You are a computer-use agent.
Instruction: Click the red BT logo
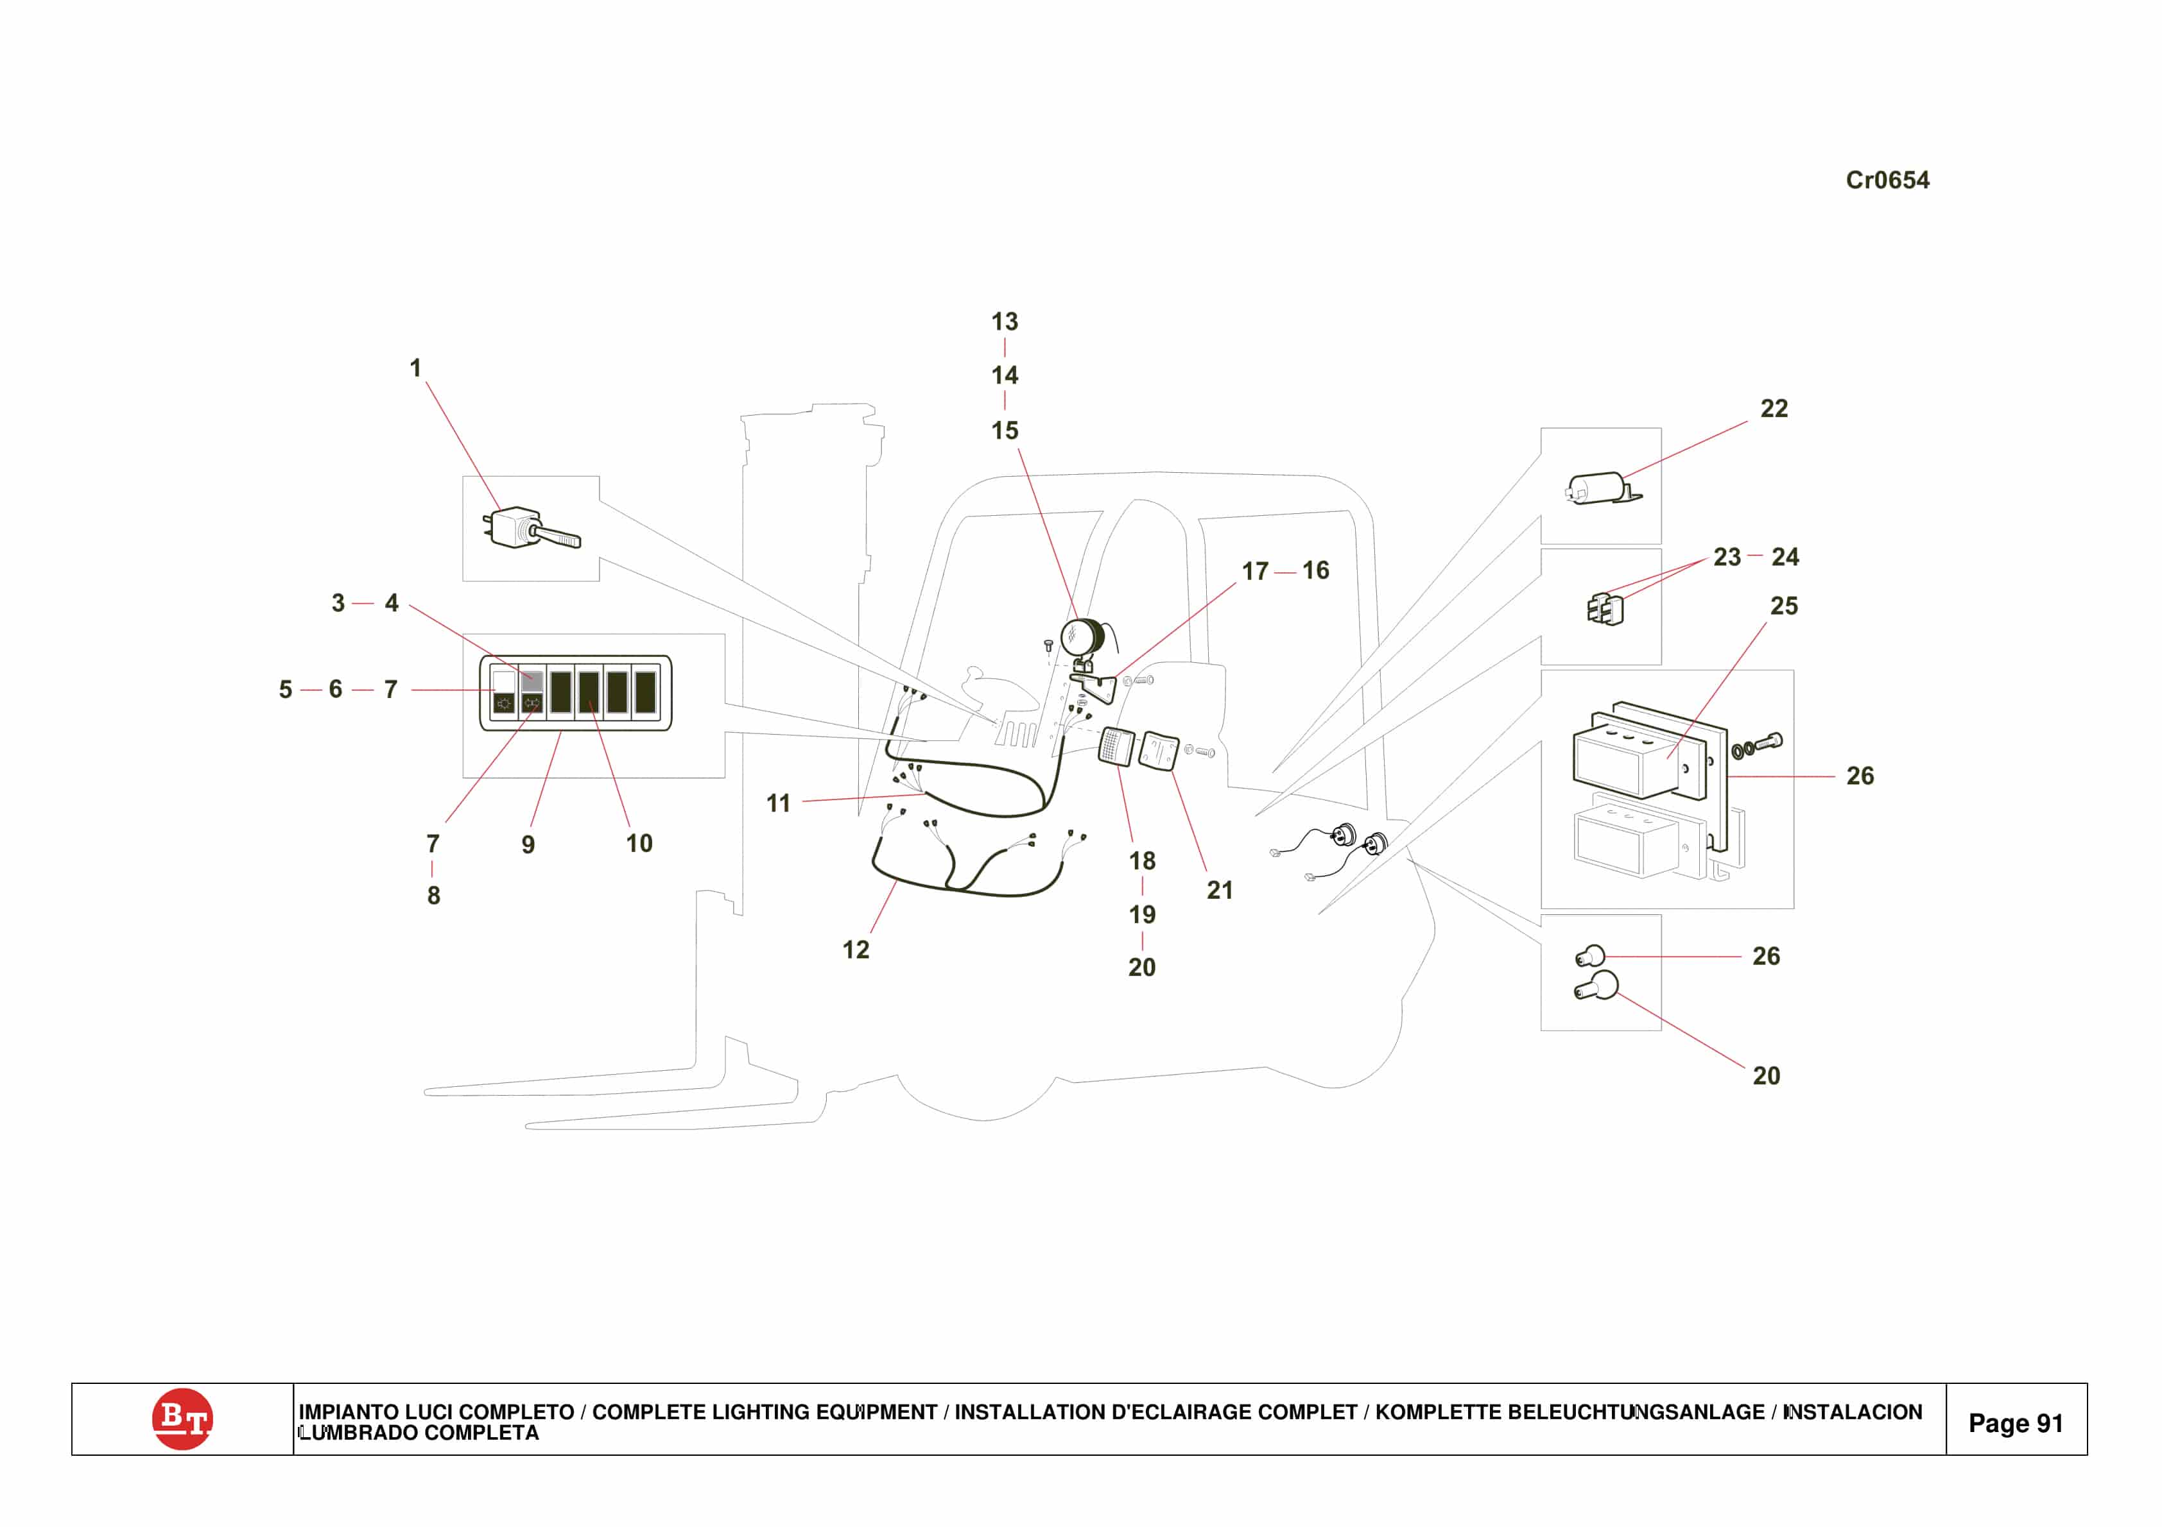(182, 1418)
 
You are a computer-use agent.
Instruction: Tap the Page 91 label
(2015, 1422)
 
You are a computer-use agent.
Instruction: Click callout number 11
(778, 803)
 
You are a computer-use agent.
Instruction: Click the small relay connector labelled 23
(1605, 608)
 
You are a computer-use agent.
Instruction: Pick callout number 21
(1220, 890)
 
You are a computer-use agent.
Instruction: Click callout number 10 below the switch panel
(639, 844)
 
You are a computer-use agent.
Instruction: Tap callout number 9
(528, 844)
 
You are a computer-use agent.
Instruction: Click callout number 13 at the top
(1004, 322)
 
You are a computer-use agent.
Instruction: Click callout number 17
(1254, 572)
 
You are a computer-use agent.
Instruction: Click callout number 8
(433, 895)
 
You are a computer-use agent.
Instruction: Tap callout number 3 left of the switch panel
(338, 604)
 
